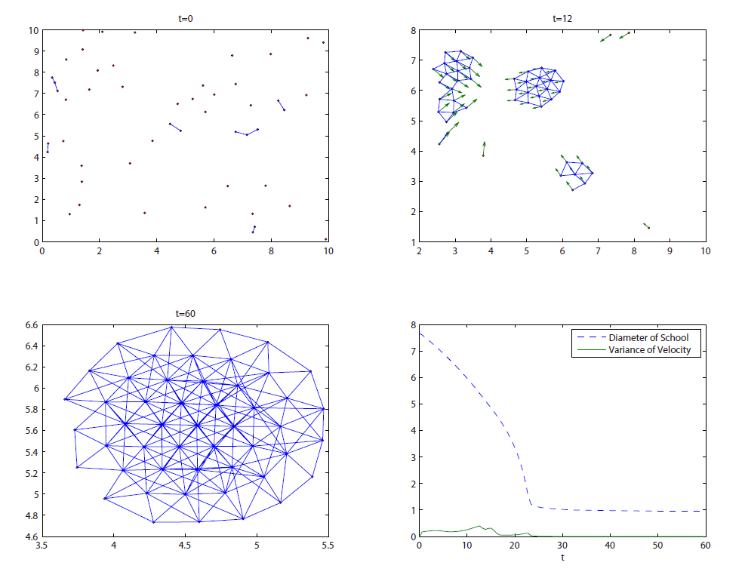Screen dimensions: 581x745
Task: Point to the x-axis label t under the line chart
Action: point(562,558)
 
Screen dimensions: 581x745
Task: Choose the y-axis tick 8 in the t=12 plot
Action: point(412,30)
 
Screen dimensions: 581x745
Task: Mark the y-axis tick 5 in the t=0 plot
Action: point(33,137)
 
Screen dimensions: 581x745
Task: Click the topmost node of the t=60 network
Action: point(171,327)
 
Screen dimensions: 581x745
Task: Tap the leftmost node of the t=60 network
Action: point(66,399)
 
